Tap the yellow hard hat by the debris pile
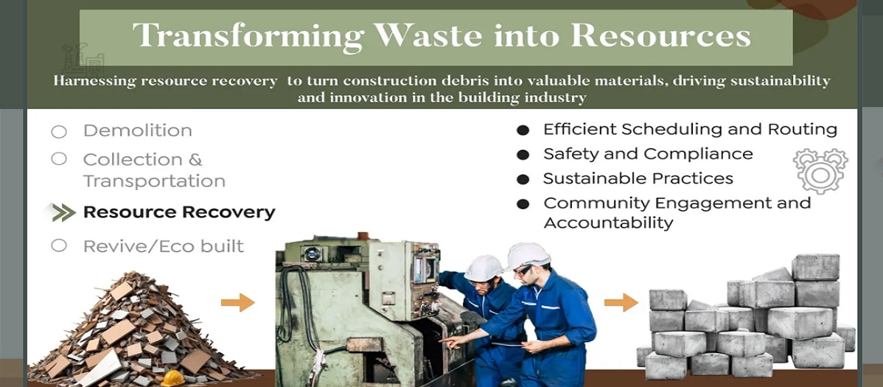[x=173, y=378]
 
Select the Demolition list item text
[x=137, y=130]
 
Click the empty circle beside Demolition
[x=58, y=132]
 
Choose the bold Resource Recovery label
[x=179, y=212]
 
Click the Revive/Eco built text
[x=164, y=246]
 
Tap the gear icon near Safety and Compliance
[x=820, y=171]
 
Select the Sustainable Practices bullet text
[x=638, y=178]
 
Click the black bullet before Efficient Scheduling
[x=523, y=130]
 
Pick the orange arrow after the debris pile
[x=237, y=302]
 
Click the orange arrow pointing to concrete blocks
[x=621, y=302]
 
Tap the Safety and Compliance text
[x=648, y=154]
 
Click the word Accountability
[x=608, y=223]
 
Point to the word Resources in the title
[x=660, y=35]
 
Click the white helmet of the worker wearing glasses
[x=527, y=255]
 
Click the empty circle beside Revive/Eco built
[x=58, y=245]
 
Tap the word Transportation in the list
[x=154, y=181]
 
